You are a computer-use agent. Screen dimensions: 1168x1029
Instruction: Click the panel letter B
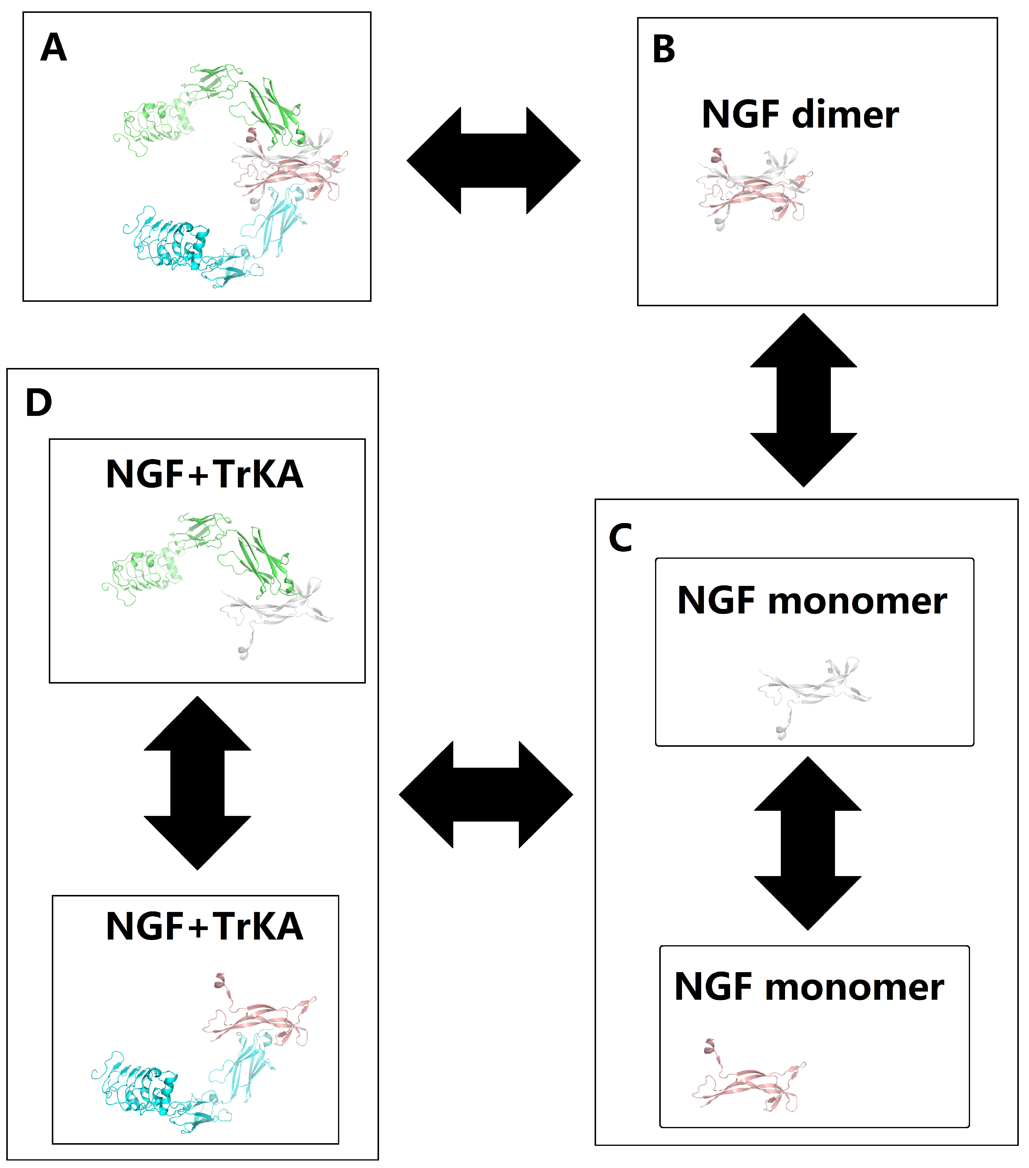coord(663,50)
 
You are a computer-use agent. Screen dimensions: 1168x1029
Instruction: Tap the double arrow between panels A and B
coord(493,160)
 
